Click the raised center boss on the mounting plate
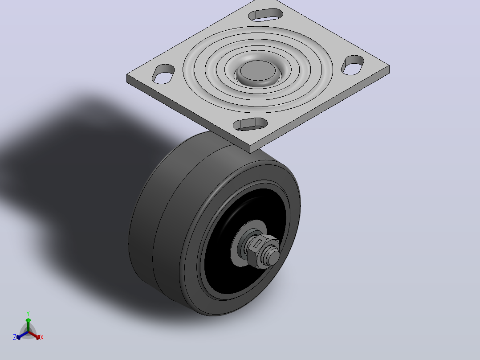pos(258,72)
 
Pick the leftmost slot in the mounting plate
pos(163,74)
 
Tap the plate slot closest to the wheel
pos(250,124)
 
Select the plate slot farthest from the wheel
pos(265,15)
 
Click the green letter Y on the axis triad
pos(28,313)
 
